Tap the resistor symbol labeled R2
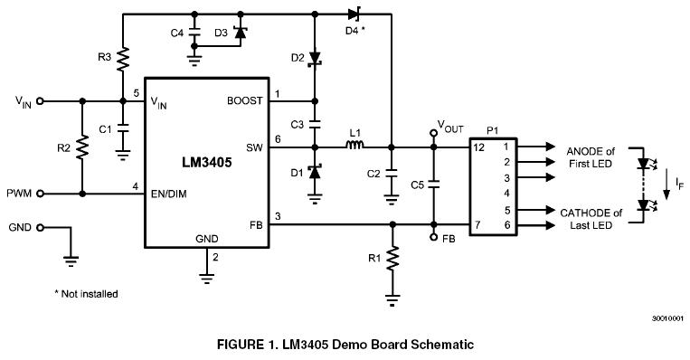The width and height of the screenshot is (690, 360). (x=82, y=147)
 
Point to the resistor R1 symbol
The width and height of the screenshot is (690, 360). (x=392, y=260)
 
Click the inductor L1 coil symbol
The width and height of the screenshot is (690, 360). (x=354, y=146)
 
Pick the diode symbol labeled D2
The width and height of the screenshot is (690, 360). (x=315, y=58)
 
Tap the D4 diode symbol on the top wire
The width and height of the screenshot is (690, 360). (x=354, y=14)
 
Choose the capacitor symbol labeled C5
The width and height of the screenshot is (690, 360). (x=433, y=185)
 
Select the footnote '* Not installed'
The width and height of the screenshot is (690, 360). (x=86, y=294)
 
